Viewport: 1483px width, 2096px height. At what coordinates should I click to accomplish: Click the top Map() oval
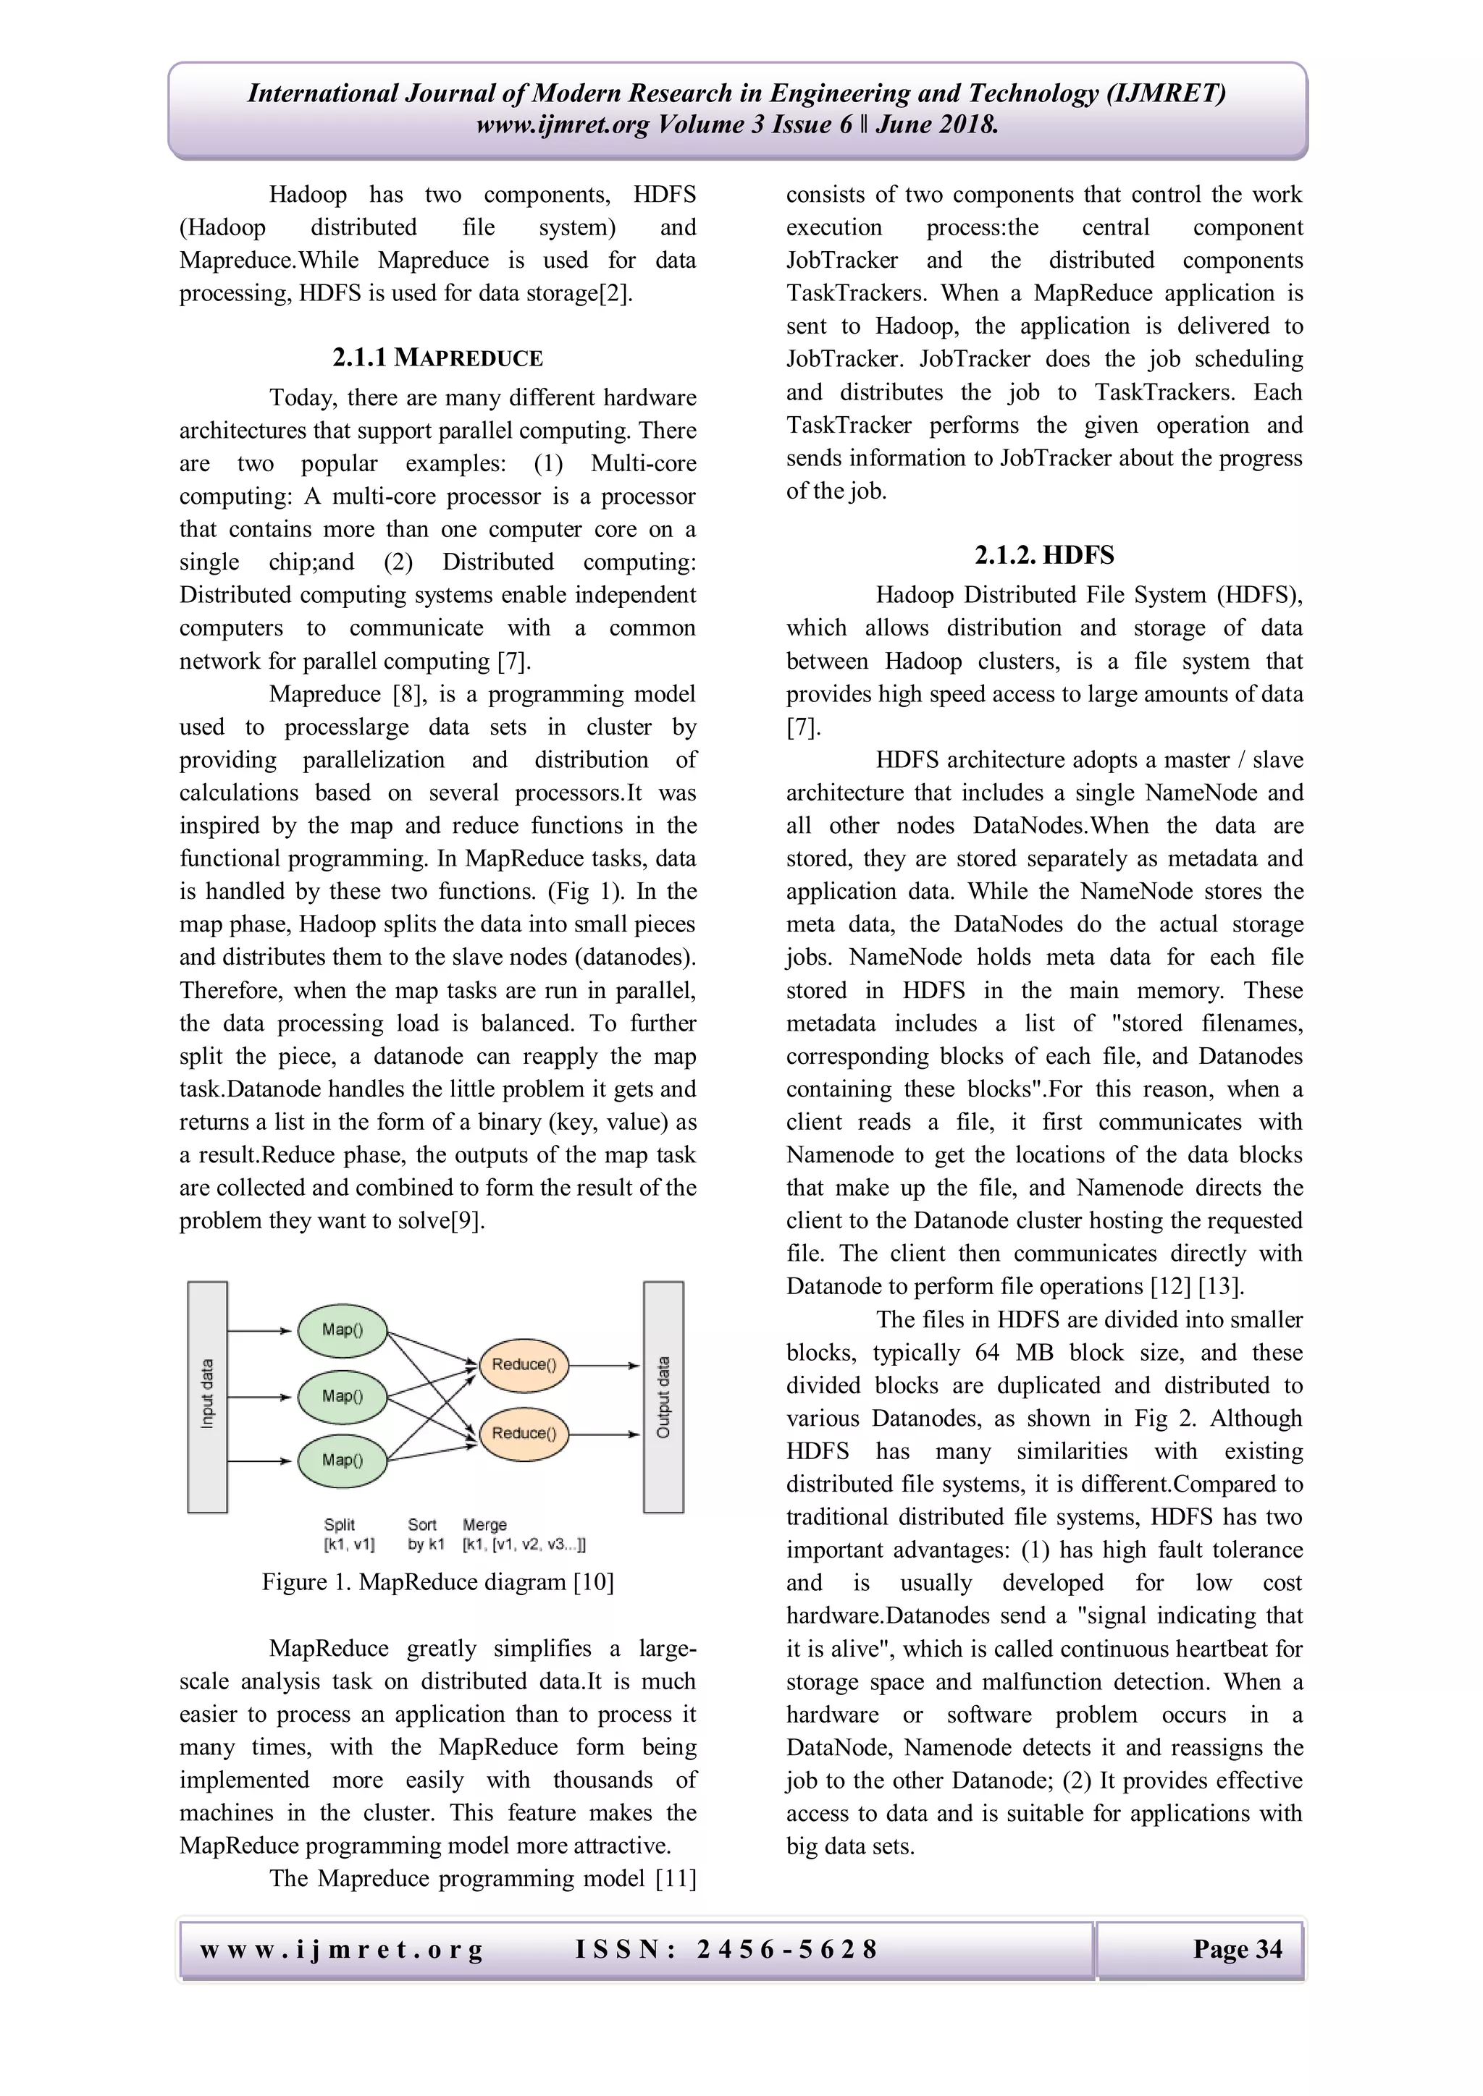(x=343, y=1330)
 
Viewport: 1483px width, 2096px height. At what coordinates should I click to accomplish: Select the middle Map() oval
(x=343, y=1396)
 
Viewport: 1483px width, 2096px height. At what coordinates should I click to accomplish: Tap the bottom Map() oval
(x=343, y=1461)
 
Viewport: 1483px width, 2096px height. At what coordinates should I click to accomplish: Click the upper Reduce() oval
(x=524, y=1365)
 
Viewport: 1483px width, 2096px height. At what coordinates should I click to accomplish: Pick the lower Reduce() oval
(x=524, y=1433)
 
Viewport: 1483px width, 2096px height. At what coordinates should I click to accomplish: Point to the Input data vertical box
(x=207, y=1396)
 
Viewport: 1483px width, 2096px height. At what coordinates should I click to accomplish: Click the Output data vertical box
(x=663, y=1396)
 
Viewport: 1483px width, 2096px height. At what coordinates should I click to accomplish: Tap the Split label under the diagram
(x=339, y=1524)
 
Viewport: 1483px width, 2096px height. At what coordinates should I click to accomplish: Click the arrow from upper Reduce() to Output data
(x=605, y=1366)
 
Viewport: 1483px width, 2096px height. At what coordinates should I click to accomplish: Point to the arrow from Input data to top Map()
(x=260, y=1331)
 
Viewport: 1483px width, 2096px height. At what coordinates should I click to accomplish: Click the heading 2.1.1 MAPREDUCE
(x=437, y=358)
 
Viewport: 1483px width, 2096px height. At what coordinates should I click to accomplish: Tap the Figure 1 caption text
(x=437, y=1582)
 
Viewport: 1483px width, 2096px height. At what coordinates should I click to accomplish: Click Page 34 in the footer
(x=1237, y=1949)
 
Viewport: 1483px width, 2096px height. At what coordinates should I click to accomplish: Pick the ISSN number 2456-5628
(x=786, y=1949)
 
